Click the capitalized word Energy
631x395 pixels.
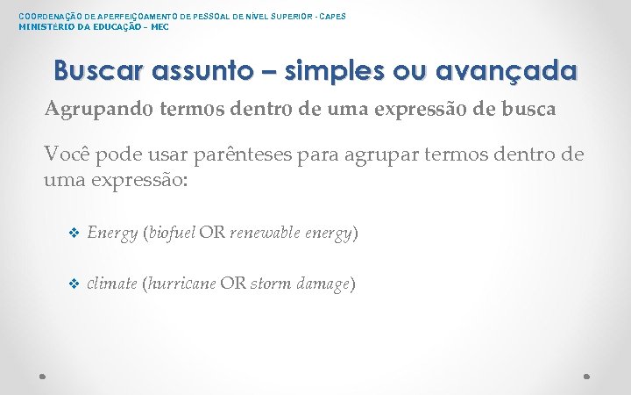(x=112, y=233)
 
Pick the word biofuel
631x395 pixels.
(x=171, y=233)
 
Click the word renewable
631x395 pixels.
(x=266, y=233)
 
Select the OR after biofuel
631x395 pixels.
(x=212, y=233)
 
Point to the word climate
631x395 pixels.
(x=111, y=284)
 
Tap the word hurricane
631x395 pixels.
(x=181, y=284)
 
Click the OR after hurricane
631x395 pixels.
(x=233, y=284)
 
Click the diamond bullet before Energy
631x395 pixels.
(x=74, y=233)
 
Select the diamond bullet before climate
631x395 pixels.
(x=74, y=284)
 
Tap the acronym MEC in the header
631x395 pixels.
(x=160, y=26)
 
